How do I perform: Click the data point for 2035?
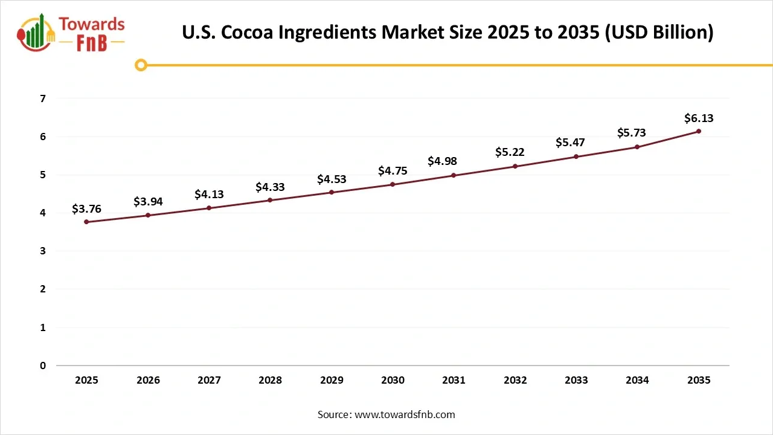tap(699, 131)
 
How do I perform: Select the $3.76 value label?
tap(86, 209)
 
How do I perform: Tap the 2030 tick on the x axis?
tap(393, 380)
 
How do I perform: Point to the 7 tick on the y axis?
tap(42, 98)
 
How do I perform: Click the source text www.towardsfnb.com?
tap(404, 414)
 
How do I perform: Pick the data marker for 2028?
tap(270, 200)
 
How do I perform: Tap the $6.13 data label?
tap(699, 118)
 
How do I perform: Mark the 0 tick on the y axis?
tap(42, 366)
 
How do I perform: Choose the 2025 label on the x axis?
tap(86, 380)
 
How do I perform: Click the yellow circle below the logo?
tap(141, 65)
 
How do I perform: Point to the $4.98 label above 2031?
tap(454, 161)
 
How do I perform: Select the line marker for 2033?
tap(576, 156)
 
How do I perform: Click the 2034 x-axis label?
tap(637, 380)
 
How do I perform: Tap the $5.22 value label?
tap(515, 152)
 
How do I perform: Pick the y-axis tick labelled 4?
tap(42, 213)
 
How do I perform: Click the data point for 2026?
tap(148, 215)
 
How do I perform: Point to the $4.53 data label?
tap(332, 179)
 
